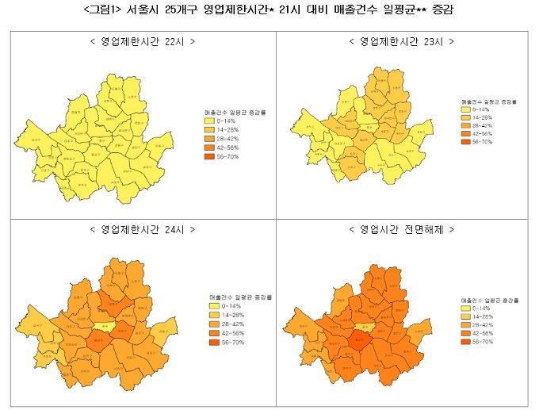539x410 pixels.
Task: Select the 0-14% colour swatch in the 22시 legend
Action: [x=210, y=121]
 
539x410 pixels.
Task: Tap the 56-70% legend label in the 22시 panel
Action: [x=229, y=156]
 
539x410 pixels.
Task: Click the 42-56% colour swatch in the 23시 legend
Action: [x=466, y=133]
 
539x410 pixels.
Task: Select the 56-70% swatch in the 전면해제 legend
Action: [x=466, y=341]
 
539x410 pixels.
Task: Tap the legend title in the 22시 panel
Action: [x=234, y=113]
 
